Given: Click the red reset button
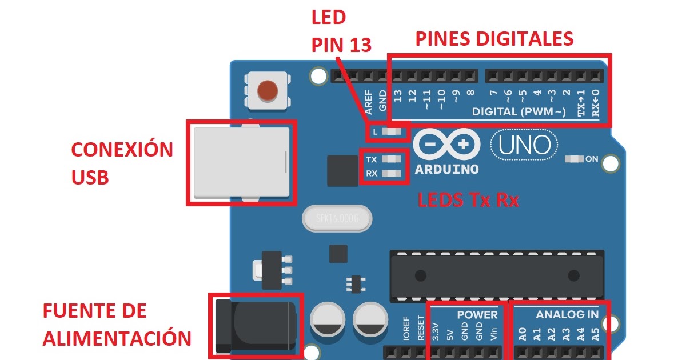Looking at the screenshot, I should point(267,90).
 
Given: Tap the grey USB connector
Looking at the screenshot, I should point(240,163).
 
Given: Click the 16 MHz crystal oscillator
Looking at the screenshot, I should point(336,218).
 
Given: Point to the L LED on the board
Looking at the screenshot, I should point(392,133).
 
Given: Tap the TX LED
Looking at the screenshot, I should point(392,159).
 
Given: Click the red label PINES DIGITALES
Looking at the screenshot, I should point(494,39).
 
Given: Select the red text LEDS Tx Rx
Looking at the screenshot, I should point(468,200).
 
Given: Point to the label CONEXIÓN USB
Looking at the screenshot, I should point(121,163).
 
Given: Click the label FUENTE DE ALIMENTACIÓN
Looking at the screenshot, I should point(117,325).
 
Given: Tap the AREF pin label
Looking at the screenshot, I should point(369,101).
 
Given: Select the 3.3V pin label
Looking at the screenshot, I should point(436,332).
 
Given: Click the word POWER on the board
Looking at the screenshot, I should point(477,315).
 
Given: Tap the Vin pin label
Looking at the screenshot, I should point(494,333).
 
